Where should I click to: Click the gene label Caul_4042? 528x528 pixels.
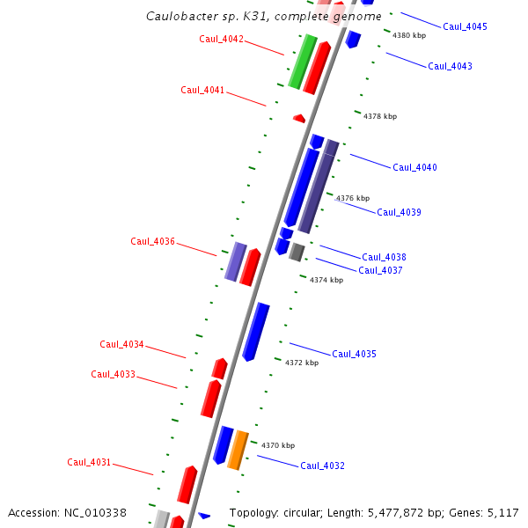pyautogui.click(x=222, y=39)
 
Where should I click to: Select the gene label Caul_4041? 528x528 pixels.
pyautogui.click(x=203, y=90)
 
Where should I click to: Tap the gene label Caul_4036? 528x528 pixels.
pyautogui.click(x=153, y=241)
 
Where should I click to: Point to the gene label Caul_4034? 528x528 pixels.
pyautogui.click(x=122, y=344)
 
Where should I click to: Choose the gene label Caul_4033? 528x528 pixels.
pyautogui.click(x=114, y=374)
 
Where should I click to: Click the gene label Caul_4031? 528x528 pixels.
pyautogui.click(x=90, y=462)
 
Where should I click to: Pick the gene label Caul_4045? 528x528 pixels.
pyautogui.click(x=465, y=26)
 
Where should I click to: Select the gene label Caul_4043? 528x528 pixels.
pyautogui.click(x=450, y=66)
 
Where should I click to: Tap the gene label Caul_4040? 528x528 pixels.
pyautogui.click(x=414, y=167)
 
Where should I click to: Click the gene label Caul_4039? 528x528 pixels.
pyautogui.click(x=400, y=212)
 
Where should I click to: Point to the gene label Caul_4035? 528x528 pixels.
pyautogui.click(x=354, y=354)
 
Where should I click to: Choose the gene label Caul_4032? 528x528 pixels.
pyautogui.click(x=323, y=466)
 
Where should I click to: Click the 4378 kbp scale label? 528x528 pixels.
pyautogui.click(x=380, y=116)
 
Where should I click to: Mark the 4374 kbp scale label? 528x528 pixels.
pyautogui.click(x=326, y=280)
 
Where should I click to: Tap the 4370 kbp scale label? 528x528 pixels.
pyautogui.click(x=278, y=445)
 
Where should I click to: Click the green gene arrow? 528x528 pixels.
pyautogui.click(x=302, y=61)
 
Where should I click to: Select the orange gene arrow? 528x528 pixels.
pyautogui.click(x=238, y=450)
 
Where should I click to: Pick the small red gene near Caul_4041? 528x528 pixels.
pyautogui.click(x=299, y=118)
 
